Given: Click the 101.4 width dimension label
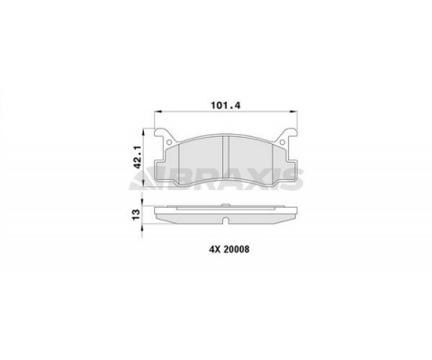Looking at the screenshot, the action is click(x=226, y=105).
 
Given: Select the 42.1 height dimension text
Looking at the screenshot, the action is click(x=138, y=157).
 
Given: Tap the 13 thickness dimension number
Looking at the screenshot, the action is click(x=136, y=214).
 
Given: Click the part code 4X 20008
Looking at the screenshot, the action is click(x=229, y=249).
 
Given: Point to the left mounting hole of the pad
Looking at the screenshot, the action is click(x=169, y=141).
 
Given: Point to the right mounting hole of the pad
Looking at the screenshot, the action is click(x=283, y=141).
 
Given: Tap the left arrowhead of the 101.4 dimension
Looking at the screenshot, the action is click(x=157, y=112).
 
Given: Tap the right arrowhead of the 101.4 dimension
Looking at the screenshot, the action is click(x=293, y=112).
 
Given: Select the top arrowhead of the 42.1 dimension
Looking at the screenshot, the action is click(x=144, y=132).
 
